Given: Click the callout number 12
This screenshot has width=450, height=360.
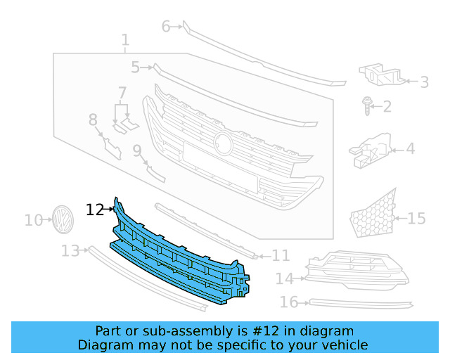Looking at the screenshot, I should click(94, 210).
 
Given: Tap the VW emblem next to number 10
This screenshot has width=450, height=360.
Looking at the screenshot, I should click(63, 219).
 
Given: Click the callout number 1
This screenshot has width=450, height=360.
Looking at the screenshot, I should click(124, 40).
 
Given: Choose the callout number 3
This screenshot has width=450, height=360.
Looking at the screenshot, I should click(424, 82).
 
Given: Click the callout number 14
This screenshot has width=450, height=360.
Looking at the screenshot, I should click(284, 279).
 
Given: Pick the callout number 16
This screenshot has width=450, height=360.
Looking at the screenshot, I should click(289, 302).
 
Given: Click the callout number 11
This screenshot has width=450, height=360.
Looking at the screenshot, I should click(281, 255).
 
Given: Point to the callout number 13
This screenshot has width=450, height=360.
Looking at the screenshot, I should click(70, 251).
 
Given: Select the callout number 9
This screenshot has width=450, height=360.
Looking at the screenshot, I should click(137, 150).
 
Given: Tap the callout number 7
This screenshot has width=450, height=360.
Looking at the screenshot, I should click(122, 92).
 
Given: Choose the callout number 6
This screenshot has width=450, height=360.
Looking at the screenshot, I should click(166, 27).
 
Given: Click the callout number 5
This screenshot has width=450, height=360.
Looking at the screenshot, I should click(135, 67).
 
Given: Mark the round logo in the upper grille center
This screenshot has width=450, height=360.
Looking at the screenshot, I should click(224, 143).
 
